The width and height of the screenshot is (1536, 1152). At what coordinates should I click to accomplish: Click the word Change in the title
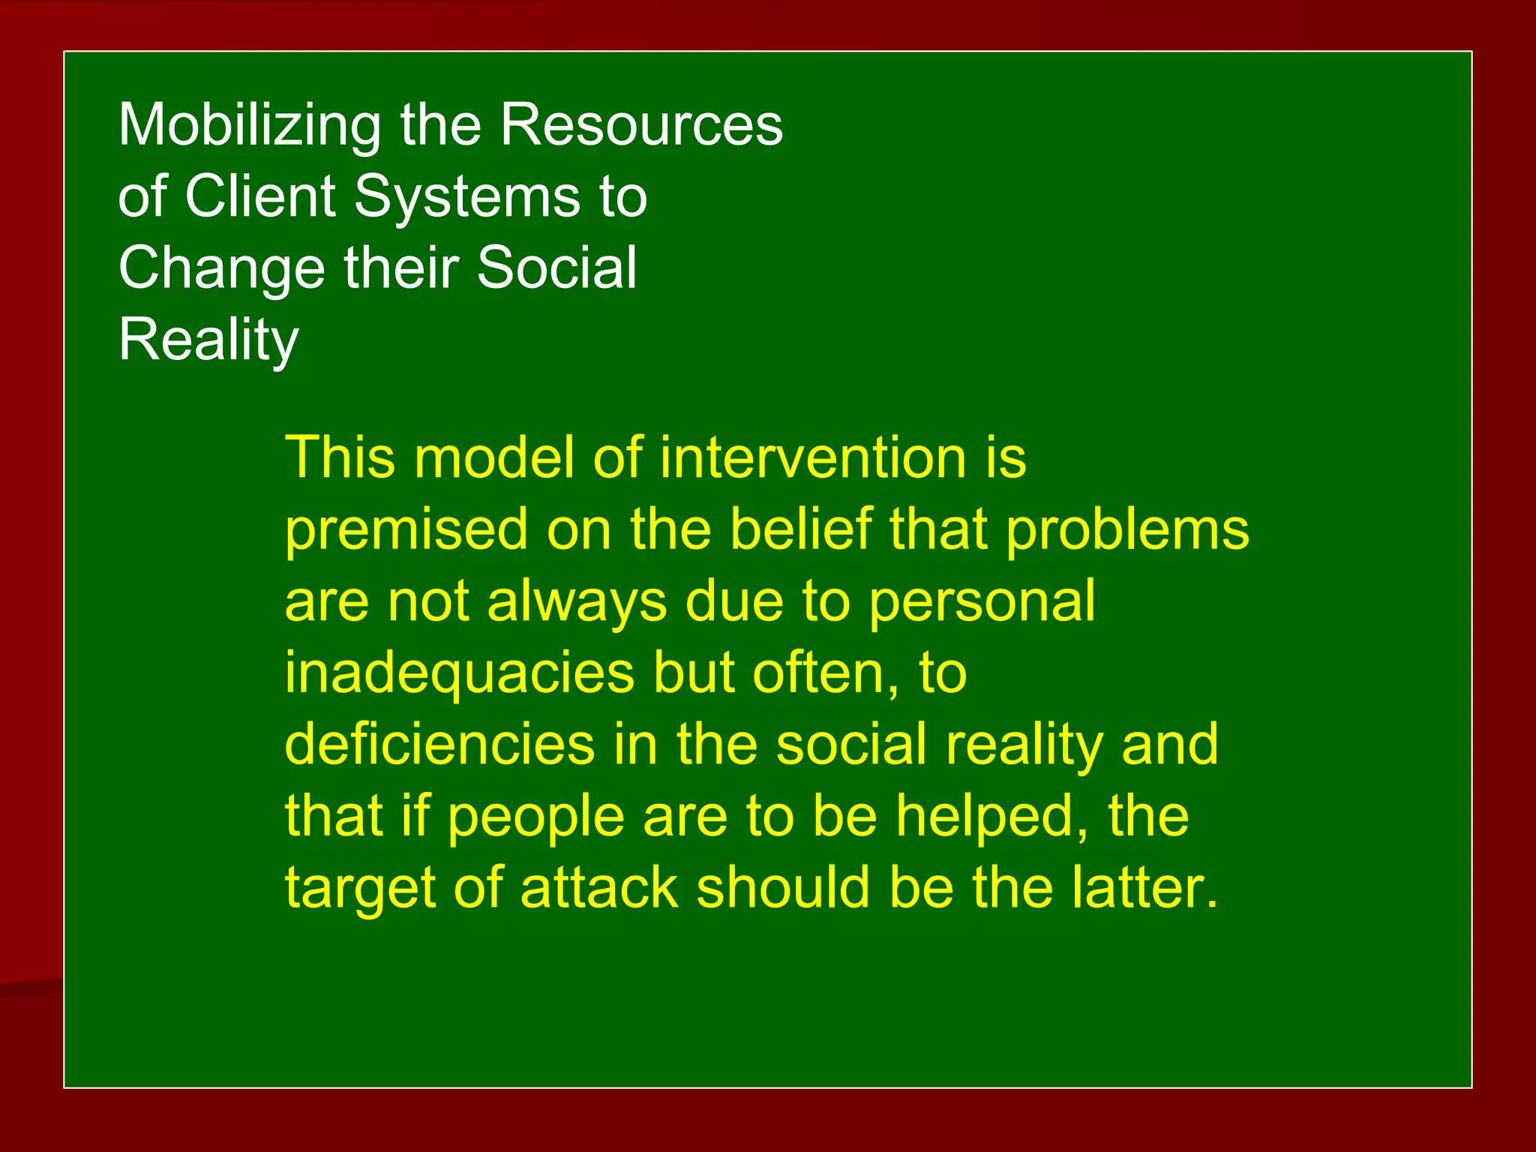click(x=221, y=268)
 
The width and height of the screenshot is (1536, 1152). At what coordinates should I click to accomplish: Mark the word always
click(x=577, y=602)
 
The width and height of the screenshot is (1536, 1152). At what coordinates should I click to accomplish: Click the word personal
click(x=982, y=602)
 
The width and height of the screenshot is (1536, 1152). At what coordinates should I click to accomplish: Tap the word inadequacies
click(x=459, y=673)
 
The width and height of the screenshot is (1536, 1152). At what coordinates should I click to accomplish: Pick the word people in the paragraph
click(x=536, y=817)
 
